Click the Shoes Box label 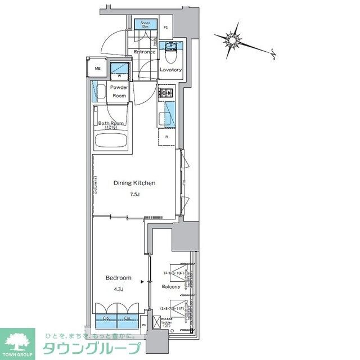coord(146,24)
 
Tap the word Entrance coord(144,52)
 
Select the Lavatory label coord(170,70)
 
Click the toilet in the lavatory coord(171,56)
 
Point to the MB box coord(97,69)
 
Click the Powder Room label coord(119,92)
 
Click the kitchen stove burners coord(166,94)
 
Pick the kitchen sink coord(166,119)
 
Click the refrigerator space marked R coord(167,137)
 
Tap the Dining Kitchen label coord(134,183)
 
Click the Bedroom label coord(119,278)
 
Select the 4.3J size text coord(119,290)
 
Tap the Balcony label coord(171,287)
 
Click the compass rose coord(233,39)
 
